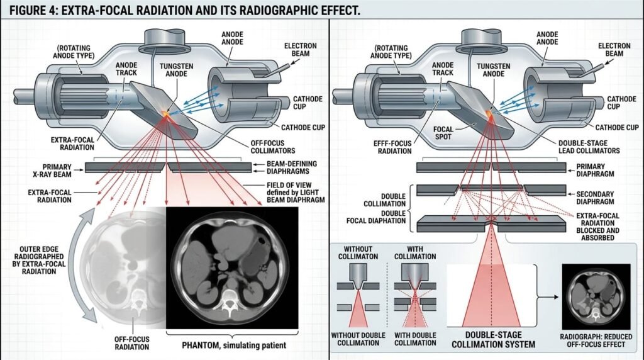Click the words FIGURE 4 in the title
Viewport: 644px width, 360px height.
pos(33,10)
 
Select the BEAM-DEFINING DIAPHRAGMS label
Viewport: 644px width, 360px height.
pos(292,167)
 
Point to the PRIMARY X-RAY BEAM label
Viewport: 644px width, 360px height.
pos(52,171)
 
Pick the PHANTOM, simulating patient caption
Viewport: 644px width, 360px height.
pos(234,345)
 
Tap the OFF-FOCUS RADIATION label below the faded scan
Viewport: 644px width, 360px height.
pos(132,343)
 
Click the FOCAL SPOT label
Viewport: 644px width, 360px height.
pos(443,133)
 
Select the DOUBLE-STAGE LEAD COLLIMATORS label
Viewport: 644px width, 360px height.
pos(589,147)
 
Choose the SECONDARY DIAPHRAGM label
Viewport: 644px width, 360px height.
pos(595,198)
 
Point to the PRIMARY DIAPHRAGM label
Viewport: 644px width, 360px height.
pos(595,170)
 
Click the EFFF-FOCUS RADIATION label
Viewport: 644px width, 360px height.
pos(392,147)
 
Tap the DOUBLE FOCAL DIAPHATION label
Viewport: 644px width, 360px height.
pos(376,217)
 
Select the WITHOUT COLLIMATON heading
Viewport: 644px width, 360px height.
pos(358,253)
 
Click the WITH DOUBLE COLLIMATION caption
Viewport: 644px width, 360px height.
pos(415,339)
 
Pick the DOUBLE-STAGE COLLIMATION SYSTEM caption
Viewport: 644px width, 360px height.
pos(493,340)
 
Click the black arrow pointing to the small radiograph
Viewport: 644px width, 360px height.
pos(548,296)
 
